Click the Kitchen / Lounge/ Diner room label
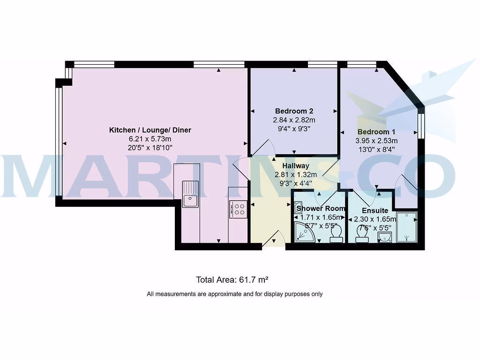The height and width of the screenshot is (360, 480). coord(150,130)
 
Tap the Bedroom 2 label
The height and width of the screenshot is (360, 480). coord(294,111)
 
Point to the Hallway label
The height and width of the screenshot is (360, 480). coord(295,166)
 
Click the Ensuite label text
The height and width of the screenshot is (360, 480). coord(375,210)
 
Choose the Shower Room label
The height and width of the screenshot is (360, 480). coord(321,208)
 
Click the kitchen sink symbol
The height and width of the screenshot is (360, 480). coord(190,194)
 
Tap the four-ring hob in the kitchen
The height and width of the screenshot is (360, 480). coord(238,209)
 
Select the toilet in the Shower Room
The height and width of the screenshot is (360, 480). coord(336,234)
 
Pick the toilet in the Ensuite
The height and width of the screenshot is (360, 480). coord(362,234)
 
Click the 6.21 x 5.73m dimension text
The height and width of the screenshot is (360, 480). coord(150,139)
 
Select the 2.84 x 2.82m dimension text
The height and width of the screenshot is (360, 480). coord(294,120)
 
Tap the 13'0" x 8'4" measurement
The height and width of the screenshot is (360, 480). coord(376,150)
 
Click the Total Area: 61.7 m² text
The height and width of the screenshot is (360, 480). coord(232,280)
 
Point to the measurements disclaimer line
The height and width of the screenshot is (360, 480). coord(234,294)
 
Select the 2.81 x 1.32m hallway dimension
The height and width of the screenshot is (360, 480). coord(295,175)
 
